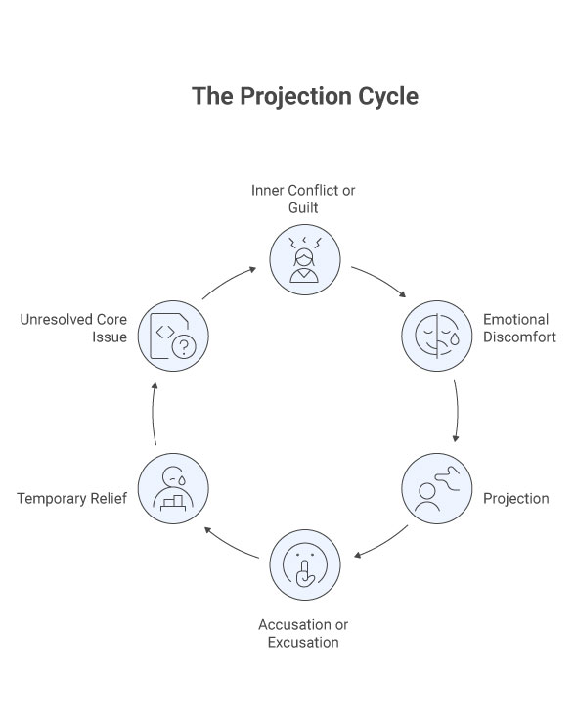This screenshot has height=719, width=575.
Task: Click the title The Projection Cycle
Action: pyautogui.click(x=304, y=96)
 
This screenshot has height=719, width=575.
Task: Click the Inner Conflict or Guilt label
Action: pyautogui.click(x=303, y=198)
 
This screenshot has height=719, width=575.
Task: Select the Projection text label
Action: pyautogui.click(x=515, y=499)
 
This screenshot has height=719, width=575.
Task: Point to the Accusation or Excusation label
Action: pyautogui.click(x=303, y=633)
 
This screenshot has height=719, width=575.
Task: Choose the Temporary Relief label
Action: pyautogui.click(x=72, y=499)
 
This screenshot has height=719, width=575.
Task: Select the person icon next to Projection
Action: pyautogui.click(x=437, y=488)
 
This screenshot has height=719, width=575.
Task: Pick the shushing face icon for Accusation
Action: pyautogui.click(x=304, y=564)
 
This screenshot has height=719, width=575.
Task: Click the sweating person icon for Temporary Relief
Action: pyautogui.click(x=172, y=488)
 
